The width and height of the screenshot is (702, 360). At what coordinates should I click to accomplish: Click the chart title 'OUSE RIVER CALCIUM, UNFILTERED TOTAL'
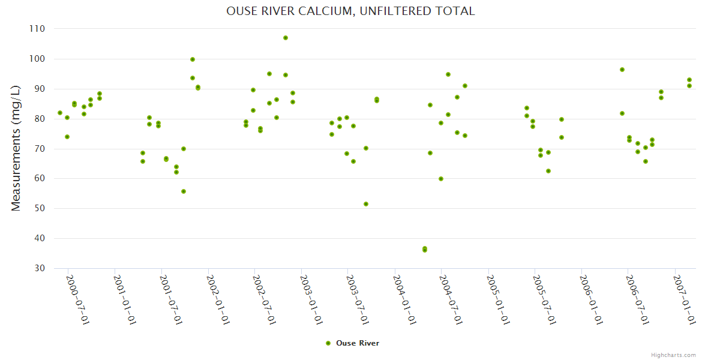click(x=350, y=11)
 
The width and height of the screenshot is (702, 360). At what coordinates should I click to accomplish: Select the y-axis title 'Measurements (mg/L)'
click(x=16, y=148)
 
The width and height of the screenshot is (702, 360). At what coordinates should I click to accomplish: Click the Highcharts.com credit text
click(x=673, y=355)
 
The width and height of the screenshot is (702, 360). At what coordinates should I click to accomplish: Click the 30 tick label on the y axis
click(x=39, y=268)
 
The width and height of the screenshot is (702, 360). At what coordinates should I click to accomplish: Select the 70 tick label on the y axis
click(x=39, y=149)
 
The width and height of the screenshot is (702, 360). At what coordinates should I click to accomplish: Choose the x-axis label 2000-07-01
click(x=77, y=300)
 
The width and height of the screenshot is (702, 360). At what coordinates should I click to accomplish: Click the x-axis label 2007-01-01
click(x=684, y=300)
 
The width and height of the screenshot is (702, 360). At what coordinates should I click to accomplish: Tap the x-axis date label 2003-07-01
click(x=358, y=300)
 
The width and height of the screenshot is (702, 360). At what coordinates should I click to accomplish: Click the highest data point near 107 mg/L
click(x=286, y=38)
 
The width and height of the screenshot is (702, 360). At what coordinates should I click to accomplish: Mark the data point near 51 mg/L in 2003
click(x=366, y=204)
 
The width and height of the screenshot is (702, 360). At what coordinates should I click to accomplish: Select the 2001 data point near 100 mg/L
click(x=193, y=59)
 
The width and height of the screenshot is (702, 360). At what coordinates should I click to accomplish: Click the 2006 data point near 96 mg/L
click(x=622, y=70)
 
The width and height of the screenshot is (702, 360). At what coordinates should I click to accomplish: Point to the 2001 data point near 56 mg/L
click(x=184, y=191)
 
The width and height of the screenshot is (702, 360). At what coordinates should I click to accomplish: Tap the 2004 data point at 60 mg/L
click(x=441, y=179)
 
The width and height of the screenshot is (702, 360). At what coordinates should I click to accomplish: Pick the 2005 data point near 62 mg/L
click(x=548, y=171)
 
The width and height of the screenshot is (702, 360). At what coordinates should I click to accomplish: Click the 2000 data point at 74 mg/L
click(x=67, y=137)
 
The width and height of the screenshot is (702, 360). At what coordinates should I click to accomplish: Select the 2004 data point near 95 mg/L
click(x=448, y=74)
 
